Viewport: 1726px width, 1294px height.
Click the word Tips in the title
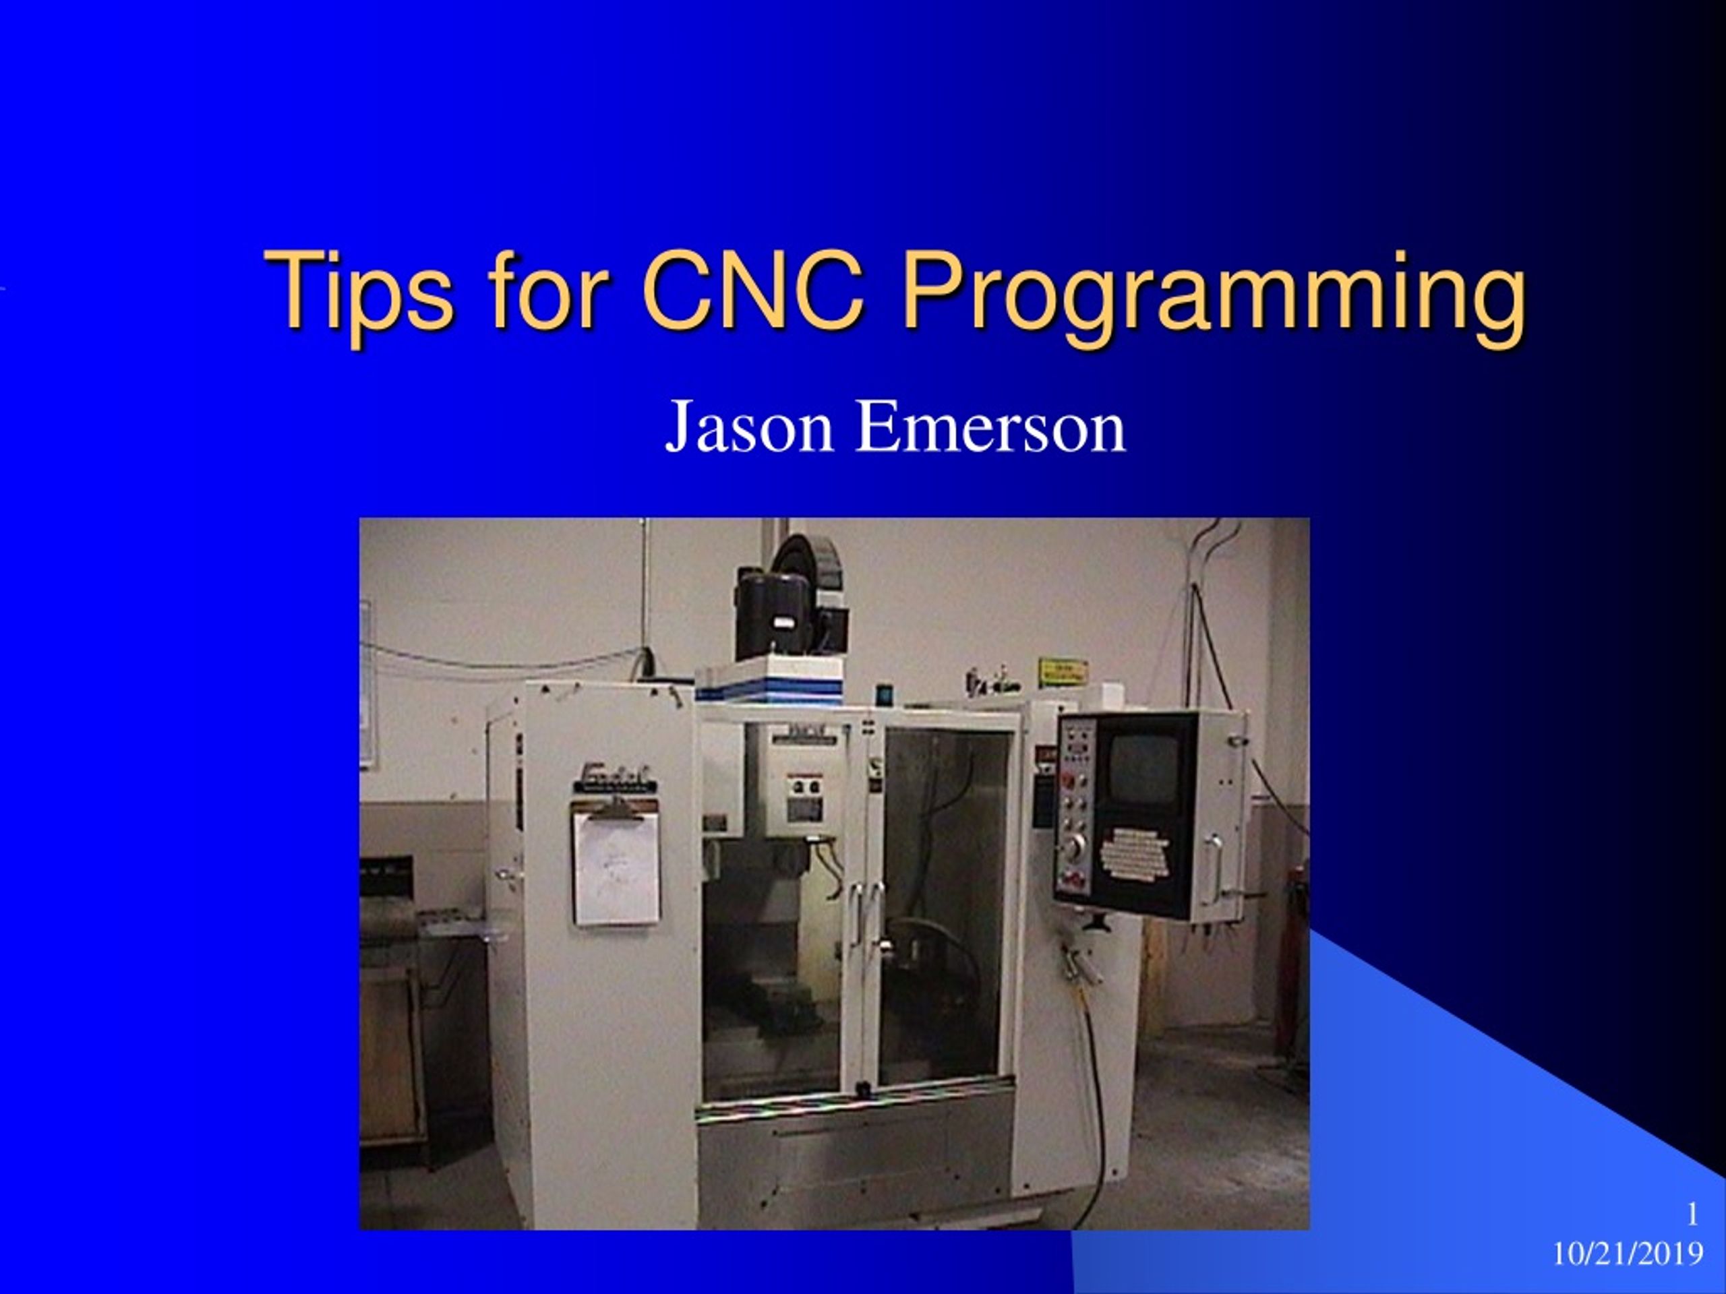tap(359, 290)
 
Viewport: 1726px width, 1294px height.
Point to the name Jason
tap(748, 427)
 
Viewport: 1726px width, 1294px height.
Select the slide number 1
tap(1692, 1214)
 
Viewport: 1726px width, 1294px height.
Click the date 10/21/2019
tap(1627, 1254)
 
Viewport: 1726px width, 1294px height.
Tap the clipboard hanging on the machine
tap(616, 867)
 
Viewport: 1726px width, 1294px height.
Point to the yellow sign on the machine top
tap(1062, 671)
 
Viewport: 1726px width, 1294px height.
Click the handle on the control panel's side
tap(1214, 868)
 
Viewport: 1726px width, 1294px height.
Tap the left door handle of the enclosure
tap(857, 913)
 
